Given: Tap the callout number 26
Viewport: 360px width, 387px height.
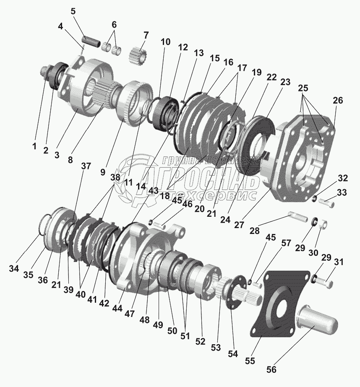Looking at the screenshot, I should click(338, 101).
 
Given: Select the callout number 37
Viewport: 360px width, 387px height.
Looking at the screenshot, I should click(86, 166).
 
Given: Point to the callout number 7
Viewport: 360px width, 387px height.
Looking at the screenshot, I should click(146, 34).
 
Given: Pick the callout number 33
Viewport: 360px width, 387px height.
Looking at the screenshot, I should click(342, 193).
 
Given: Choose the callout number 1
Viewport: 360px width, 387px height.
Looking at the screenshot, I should click(34, 147).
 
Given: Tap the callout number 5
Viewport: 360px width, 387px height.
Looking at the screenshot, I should click(73, 12).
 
